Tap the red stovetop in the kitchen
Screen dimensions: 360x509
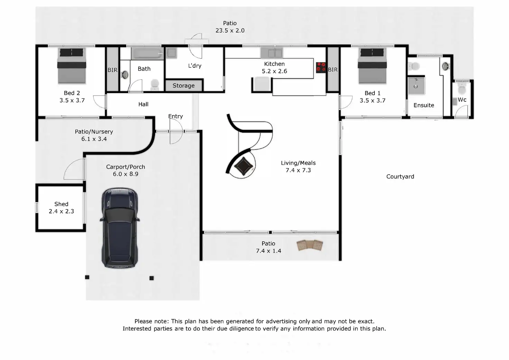(321, 67)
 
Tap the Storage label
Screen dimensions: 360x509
(184, 86)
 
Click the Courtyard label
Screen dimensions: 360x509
(400, 177)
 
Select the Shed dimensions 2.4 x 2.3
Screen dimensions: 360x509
(61, 211)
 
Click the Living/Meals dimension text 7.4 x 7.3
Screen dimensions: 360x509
(298, 170)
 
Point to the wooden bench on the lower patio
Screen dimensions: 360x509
(310, 245)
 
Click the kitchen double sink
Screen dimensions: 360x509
(271, 53)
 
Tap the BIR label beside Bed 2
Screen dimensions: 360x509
(112, 70)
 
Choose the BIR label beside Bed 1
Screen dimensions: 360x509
(333, 70)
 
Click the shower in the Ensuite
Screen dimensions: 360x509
(416, 85)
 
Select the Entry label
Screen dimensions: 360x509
(175, 116)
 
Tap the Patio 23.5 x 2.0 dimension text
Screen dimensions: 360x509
(230, 30)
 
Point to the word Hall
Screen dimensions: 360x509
(143, 104)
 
